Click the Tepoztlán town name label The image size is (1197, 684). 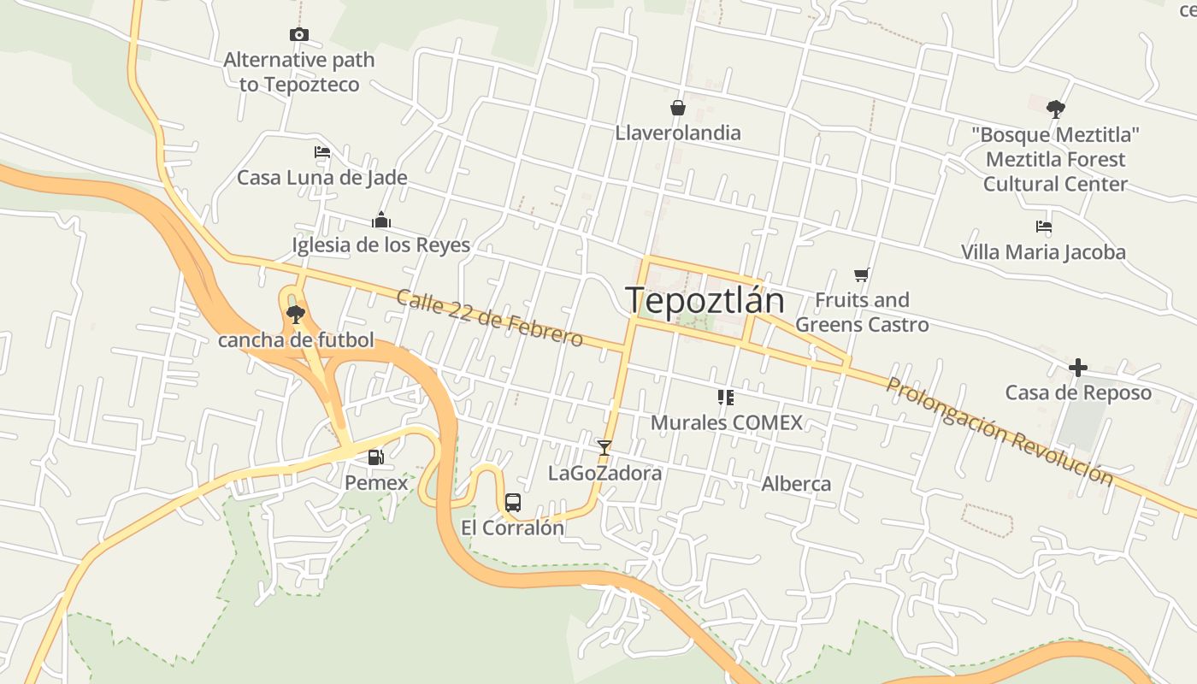(705, 300)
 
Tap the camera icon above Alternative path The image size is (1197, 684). (299, 35)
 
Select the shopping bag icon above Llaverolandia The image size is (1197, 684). (678, 108)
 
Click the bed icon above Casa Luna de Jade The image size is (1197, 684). (322, 153)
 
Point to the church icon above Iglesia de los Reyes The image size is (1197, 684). (381, 221)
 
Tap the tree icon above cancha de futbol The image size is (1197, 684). (296, 315)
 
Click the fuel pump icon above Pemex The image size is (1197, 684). (375, 457)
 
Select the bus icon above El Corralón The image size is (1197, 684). (513, 503)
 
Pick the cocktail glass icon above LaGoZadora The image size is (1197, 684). (604, 447)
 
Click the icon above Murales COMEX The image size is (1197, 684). (726, 397)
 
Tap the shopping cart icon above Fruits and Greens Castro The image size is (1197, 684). (862, 275)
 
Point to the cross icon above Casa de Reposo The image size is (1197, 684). (1078, 368)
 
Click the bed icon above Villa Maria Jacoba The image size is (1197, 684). (1043, 227)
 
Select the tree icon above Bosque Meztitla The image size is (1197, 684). (1056, 109)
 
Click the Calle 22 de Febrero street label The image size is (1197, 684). (489, 318)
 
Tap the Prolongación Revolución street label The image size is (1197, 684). (999, 431)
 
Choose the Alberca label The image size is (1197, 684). (796, 484)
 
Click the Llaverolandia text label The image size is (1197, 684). (678, 133)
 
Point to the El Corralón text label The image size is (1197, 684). (513, 528)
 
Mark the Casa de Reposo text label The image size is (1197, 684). (1078, 393)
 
